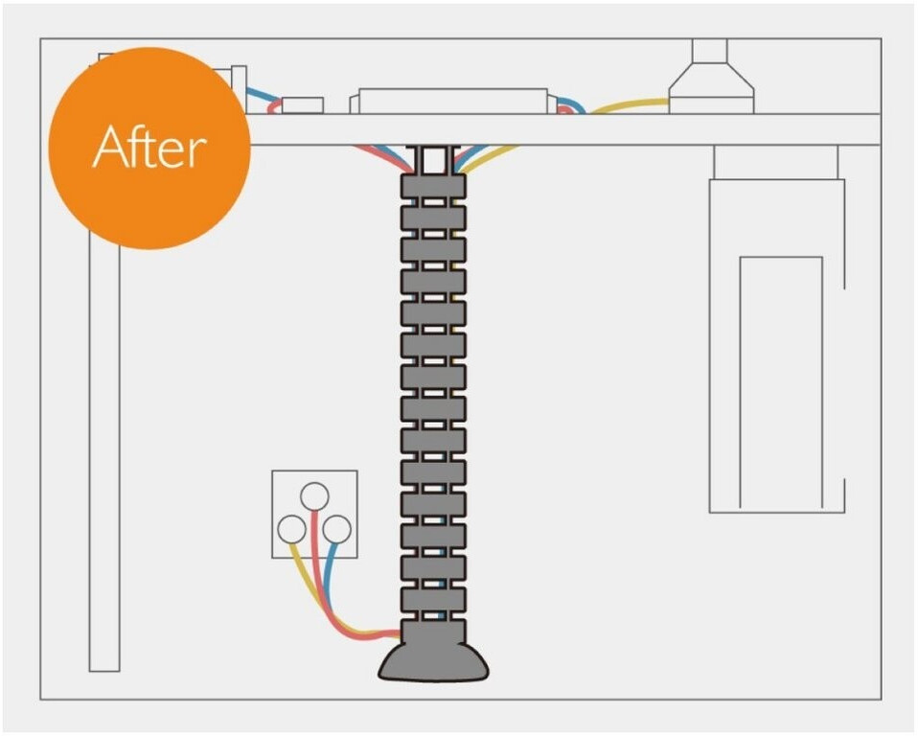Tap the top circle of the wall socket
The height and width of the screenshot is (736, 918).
314,496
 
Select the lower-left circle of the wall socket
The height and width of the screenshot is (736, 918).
291,529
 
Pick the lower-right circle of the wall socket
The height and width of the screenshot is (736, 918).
337,529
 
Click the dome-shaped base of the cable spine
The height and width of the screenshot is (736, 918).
433,660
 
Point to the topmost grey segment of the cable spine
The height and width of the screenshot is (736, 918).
433,186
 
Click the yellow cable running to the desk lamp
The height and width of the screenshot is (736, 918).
629,106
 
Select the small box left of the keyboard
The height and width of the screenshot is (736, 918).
303,104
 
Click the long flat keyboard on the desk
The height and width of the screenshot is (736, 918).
449,101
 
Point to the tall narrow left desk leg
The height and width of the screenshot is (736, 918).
104,457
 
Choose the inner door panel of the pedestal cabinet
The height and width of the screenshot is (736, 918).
781,382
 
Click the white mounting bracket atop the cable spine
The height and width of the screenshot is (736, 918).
433,159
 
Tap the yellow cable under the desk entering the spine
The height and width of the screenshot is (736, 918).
489,159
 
